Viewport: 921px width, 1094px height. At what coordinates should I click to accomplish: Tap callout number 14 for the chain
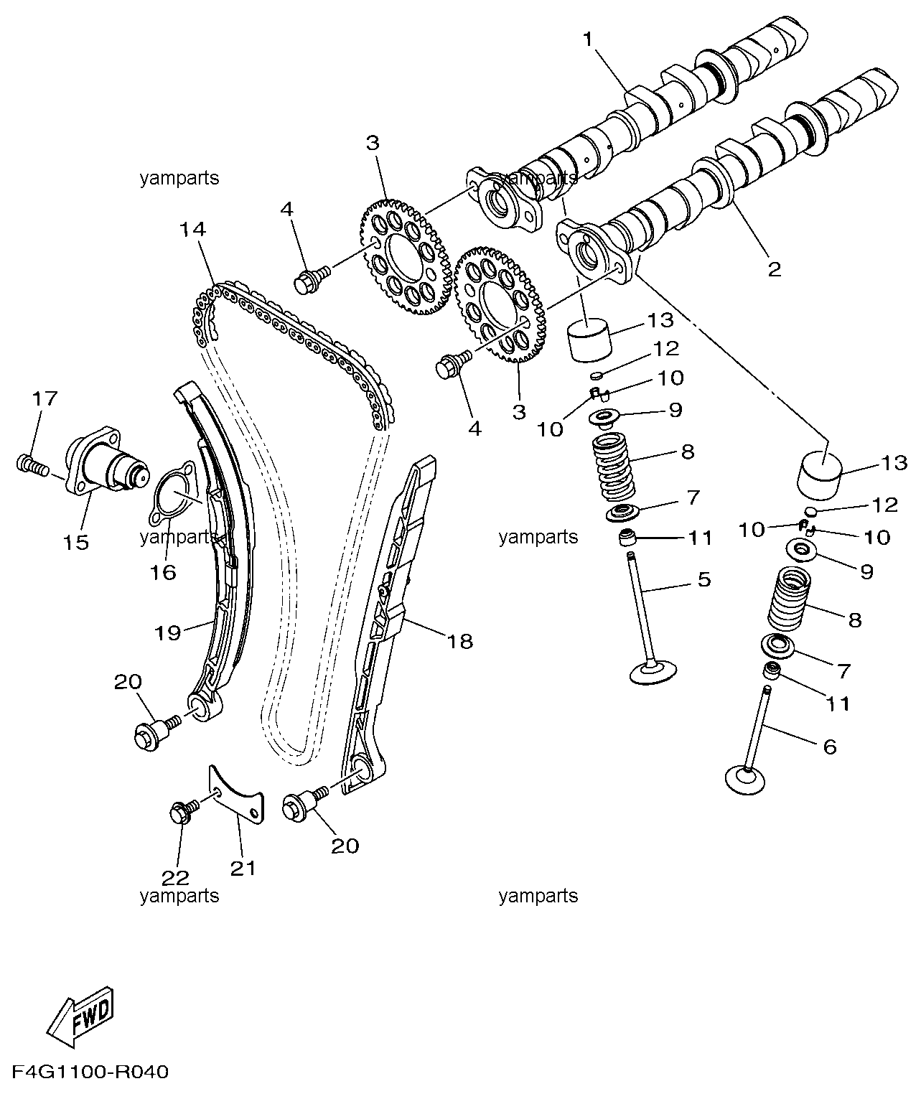click(x=192, y=230)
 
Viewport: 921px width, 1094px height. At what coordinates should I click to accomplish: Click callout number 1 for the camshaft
click(x=589, y=39)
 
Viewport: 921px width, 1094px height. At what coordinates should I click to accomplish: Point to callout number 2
click(x=773, y=269)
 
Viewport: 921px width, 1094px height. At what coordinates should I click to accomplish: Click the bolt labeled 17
click(x=32, y=465)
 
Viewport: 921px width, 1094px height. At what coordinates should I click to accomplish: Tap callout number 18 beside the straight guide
click(x=460, y=641)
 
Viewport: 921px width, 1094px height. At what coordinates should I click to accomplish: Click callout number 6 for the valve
click(x=829, y=747)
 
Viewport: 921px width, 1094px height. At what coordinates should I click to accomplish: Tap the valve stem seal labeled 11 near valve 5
click(x=629, y=537)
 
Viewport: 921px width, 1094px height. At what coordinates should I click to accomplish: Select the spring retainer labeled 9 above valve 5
click(x=603, y=416)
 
